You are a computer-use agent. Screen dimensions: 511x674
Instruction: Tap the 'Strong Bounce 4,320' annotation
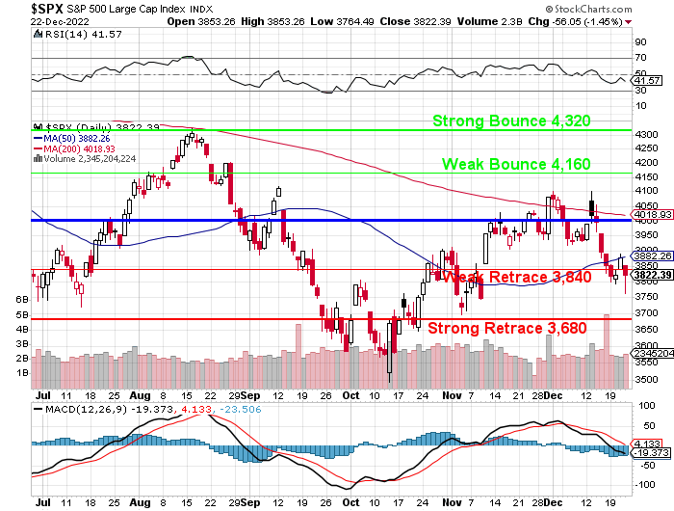point(511,121)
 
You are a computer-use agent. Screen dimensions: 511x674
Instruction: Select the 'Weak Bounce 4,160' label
point(516,164)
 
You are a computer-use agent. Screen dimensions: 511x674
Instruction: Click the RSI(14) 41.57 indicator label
point(67,33)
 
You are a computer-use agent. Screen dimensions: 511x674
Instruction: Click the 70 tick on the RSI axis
point(639,59)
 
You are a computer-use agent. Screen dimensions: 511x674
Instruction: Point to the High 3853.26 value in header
point(277,20)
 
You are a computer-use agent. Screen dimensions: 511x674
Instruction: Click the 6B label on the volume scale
point(21,300)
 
